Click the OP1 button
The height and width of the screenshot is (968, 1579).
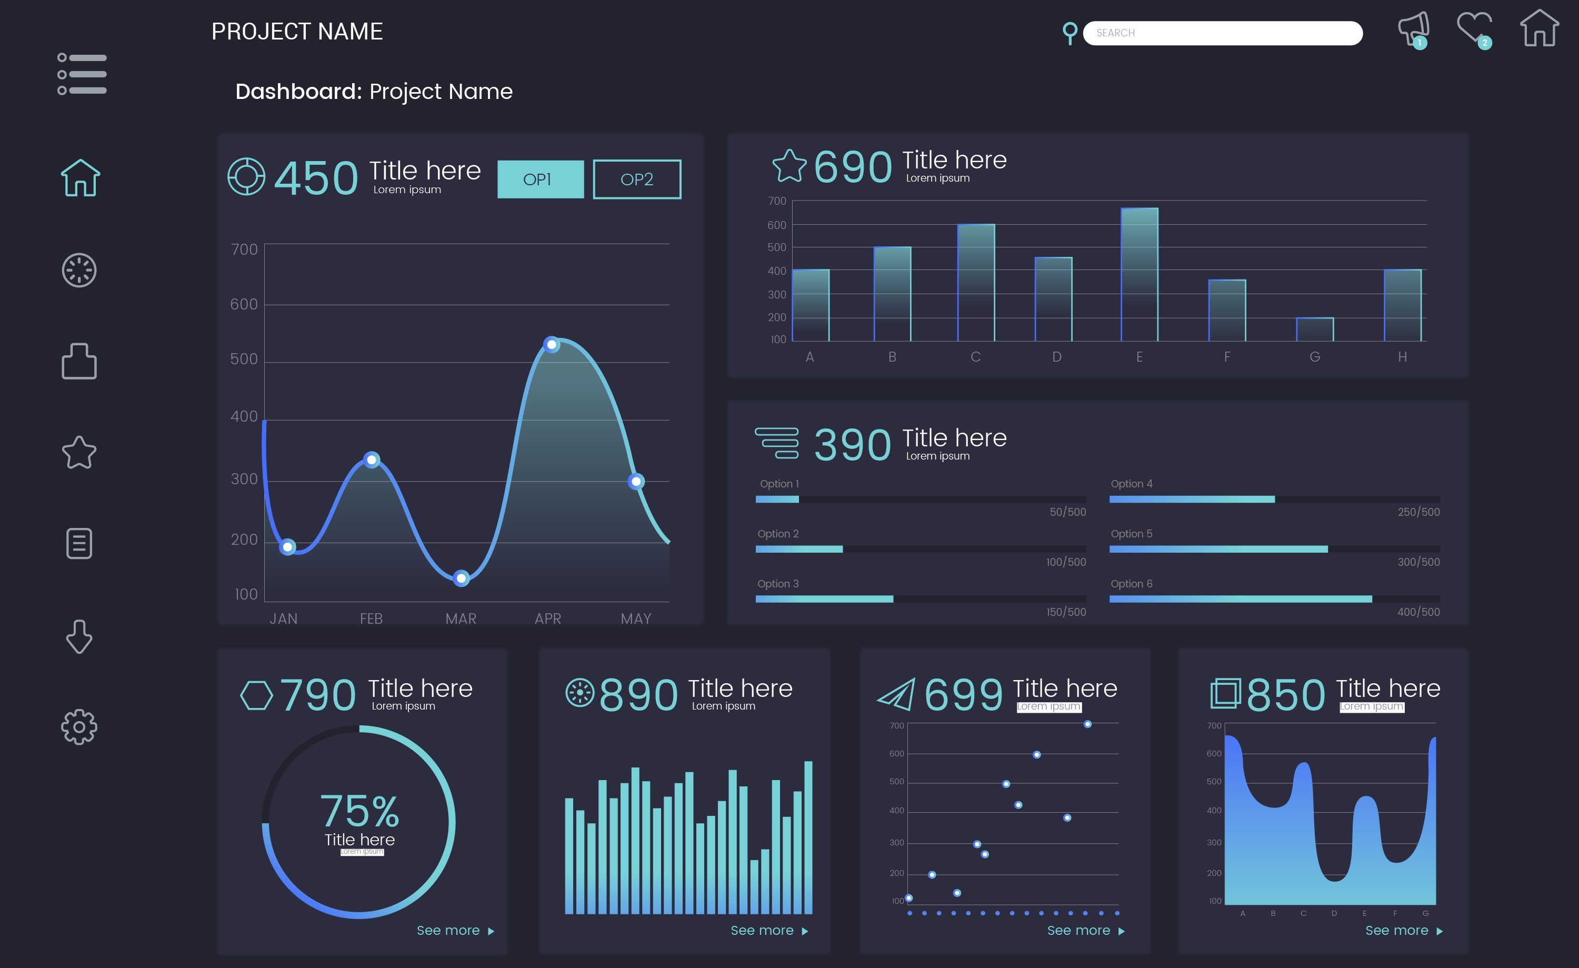(540, 179)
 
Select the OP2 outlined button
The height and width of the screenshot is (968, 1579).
(636, 179)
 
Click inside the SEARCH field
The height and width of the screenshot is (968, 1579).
(1222, 33)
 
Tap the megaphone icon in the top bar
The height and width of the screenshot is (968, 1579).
(1413, 29)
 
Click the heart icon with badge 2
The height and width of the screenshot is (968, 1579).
(1473, 29)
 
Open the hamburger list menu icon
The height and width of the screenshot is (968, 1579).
(82, 74)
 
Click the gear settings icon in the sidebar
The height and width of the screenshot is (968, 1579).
(79, 727)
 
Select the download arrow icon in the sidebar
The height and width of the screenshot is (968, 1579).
(79, 636)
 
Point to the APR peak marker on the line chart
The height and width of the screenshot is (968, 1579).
(551, 345)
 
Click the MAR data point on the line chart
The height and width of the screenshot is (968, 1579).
(461, 579)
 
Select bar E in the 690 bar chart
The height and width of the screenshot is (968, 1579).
(1139, 274)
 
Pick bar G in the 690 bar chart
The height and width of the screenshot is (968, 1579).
(1314, 330)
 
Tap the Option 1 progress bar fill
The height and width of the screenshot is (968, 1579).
(777, 500)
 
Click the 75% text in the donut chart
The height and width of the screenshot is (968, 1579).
(359, 811)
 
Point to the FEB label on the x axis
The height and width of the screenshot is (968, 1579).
(371, 618)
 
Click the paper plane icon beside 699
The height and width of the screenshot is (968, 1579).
(896, 695)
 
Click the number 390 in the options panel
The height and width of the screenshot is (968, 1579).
(852, 445)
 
